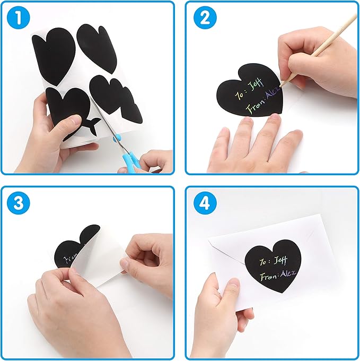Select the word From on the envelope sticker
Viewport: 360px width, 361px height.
click(x=269, y=277)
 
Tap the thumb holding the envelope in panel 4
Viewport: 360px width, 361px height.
click(x=229, y=289)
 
